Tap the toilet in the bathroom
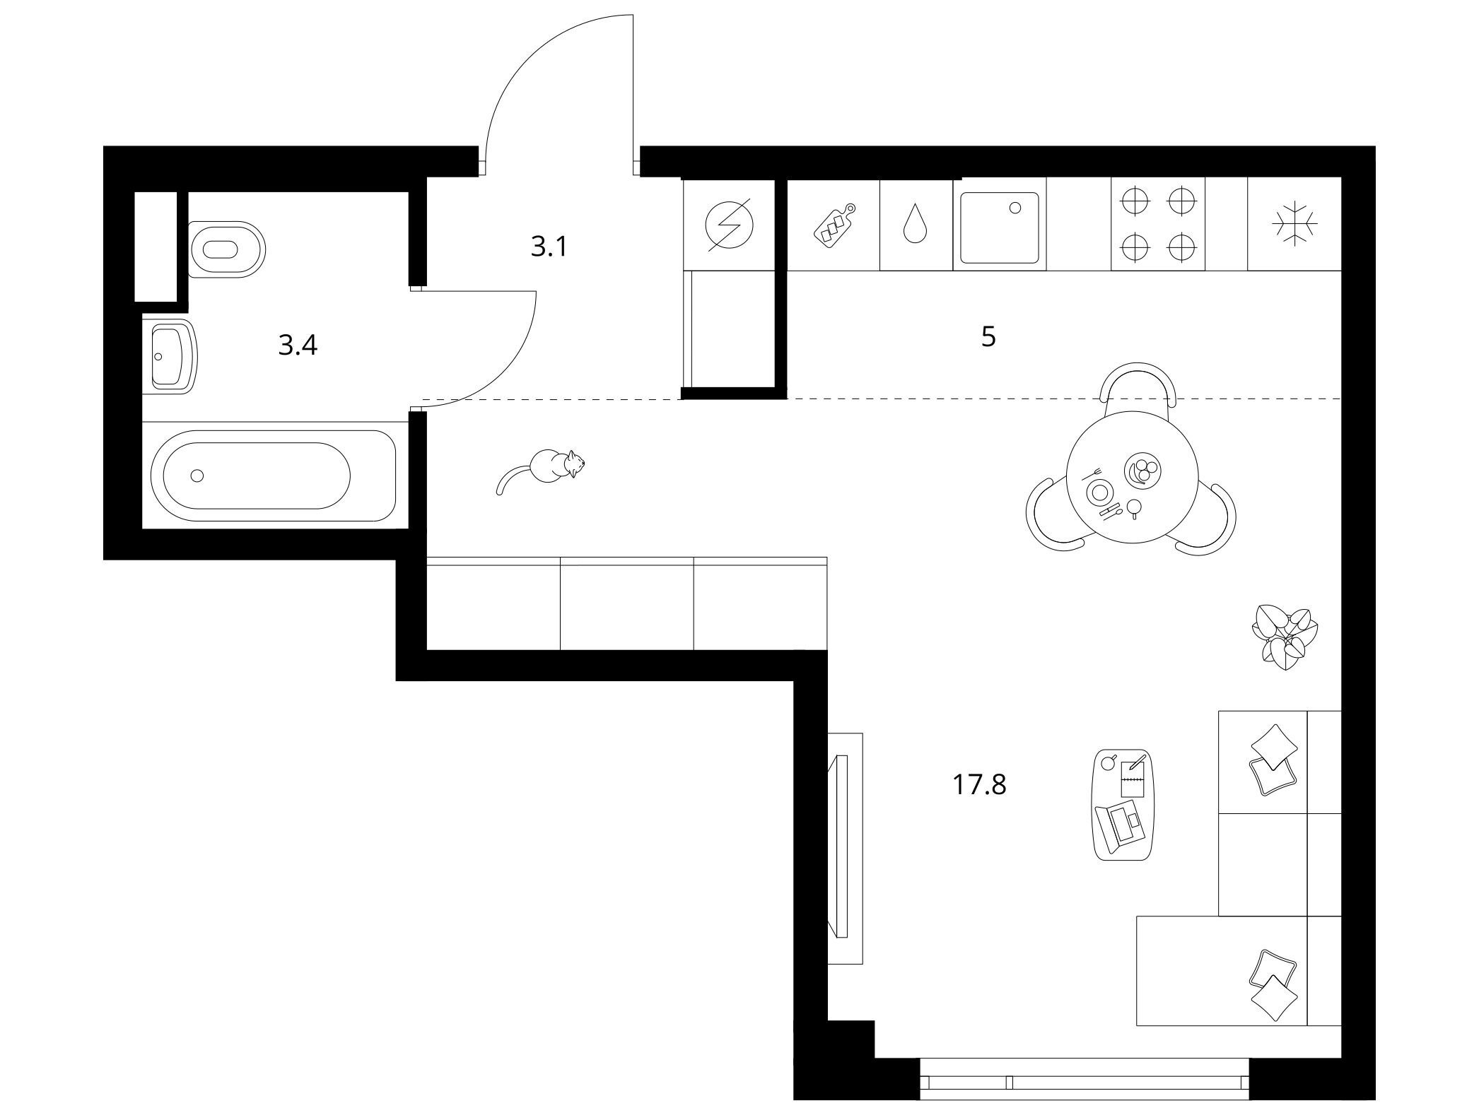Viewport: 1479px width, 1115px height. pos(226,249)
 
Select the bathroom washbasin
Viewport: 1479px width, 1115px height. pos(170,355)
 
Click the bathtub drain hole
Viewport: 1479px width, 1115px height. pos(197,476)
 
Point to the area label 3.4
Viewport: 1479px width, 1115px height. pos(298,346)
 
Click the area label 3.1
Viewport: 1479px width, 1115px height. pos(549,247)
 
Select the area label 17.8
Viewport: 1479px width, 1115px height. pos(979,784)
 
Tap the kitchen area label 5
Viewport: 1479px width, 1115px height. pos(988,337)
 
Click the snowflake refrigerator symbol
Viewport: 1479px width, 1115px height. pos(1294,225)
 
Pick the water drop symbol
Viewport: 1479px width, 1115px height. pos(916,223)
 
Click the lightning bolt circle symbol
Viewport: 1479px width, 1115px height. pos(729,225)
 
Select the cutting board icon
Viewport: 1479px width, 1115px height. pos(834,224)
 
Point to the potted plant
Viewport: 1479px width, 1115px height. pos(1285,635)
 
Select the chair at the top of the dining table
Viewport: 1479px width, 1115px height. pos(1136,385)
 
